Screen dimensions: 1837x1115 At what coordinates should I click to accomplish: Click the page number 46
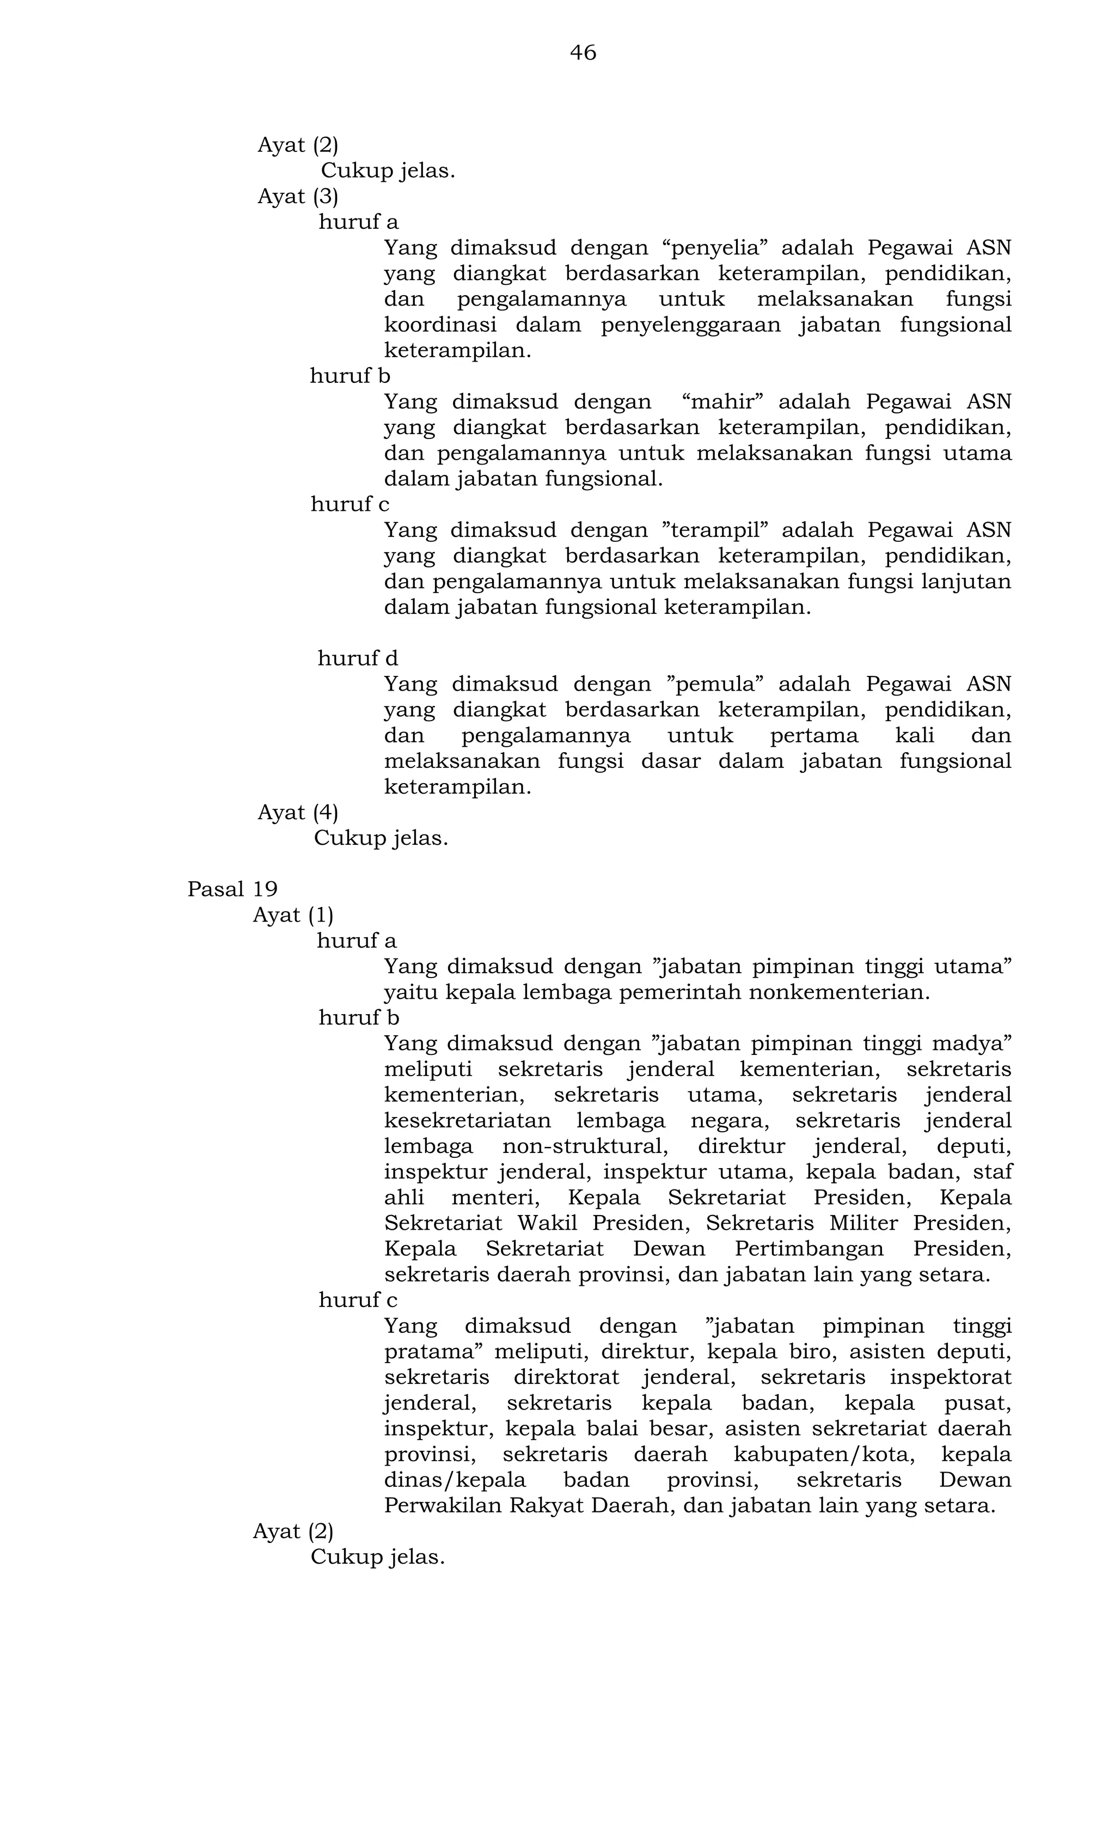coord(583,53)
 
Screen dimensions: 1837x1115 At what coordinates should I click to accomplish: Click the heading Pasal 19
coord(232,889)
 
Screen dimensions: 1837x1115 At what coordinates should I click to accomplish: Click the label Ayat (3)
coord(297,197)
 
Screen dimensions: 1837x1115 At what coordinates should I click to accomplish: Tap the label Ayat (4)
coord(297,813)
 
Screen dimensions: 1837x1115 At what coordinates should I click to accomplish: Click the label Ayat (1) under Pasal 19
coord(293,916)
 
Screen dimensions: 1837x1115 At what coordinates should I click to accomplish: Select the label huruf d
coord(358,659)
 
